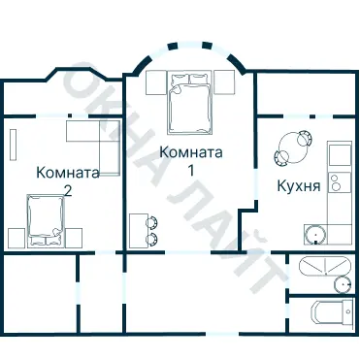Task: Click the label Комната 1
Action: point(191,161)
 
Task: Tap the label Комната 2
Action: point(67,181)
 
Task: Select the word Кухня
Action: point(299,185)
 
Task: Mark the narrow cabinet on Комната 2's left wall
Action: point(13,147)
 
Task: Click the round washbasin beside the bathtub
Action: point(341,283)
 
